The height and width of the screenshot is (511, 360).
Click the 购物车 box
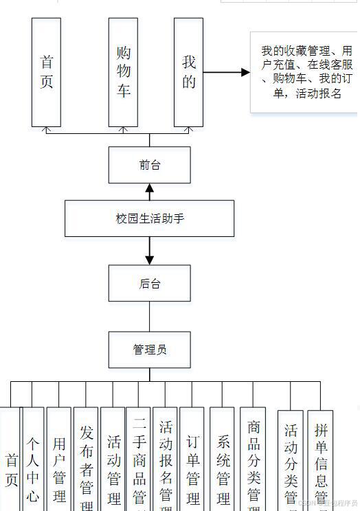(124, 72)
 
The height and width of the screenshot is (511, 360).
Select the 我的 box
(188, 72)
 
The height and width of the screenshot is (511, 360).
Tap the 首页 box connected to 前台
(47, 72)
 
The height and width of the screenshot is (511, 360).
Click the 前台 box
(150, 165)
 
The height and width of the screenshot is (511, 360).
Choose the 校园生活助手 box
(150, 218)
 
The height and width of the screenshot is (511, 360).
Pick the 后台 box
(150, 283)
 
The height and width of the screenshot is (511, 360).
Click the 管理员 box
(150, 350)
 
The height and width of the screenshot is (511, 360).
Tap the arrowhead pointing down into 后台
(150, 260)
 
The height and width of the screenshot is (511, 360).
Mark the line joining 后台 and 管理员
(150, 317)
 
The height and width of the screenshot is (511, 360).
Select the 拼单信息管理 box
(320, 460)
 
